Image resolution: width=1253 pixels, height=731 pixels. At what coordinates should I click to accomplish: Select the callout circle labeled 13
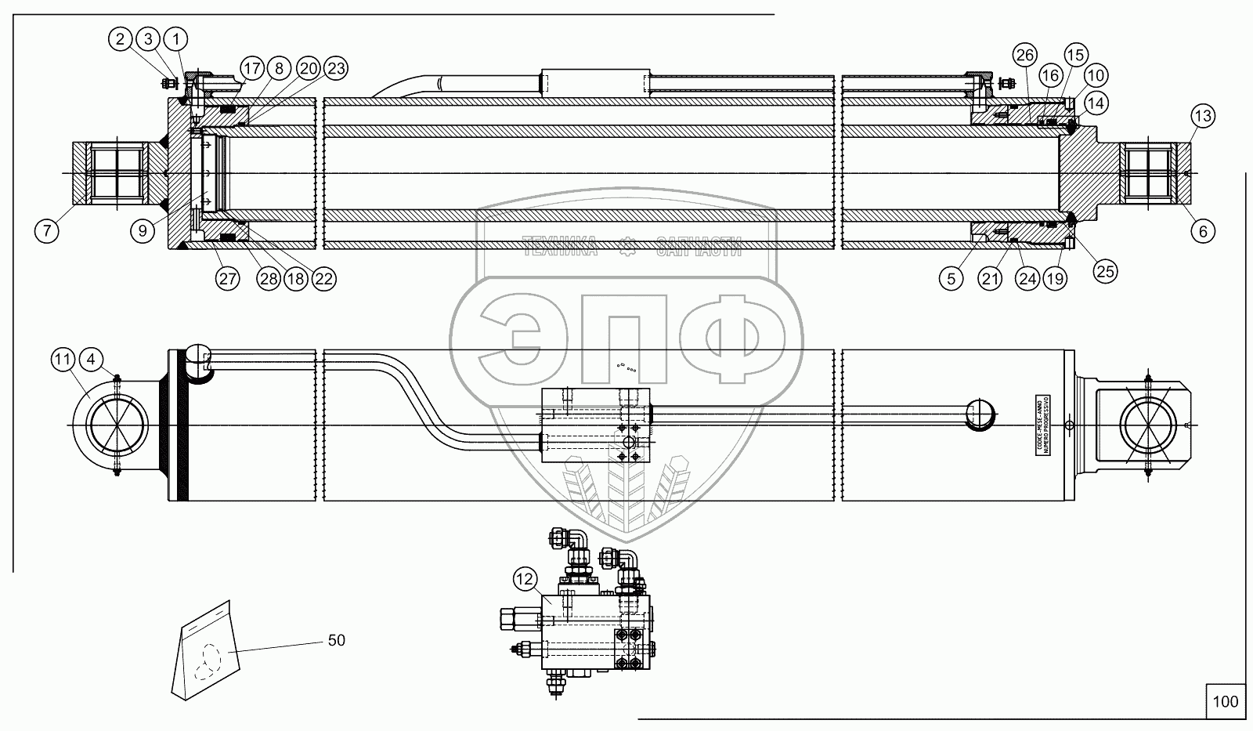point(1203,117)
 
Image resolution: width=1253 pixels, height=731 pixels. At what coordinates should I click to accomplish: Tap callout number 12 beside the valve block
point(525,580)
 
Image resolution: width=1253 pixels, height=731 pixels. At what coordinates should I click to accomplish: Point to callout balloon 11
point(63,360)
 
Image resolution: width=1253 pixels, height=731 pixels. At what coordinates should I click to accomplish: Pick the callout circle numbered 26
point(1024,55)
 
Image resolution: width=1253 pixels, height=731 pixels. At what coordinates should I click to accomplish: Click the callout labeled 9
point(143,231)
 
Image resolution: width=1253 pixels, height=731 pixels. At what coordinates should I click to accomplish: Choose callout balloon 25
point(1105,271)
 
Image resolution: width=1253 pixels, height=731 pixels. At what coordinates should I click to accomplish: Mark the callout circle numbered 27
point(228,280)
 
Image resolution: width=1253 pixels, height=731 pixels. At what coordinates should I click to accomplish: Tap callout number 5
point(951,280)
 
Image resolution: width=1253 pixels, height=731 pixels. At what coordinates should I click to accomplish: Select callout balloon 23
point(335,68)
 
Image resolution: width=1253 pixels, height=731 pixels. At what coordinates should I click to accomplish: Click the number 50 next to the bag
point(336,640)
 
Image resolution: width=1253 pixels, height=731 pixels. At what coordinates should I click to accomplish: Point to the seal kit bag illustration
point(206,650)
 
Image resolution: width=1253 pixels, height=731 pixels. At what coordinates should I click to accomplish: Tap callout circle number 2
point(121,38)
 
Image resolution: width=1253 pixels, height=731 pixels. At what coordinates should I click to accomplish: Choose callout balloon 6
point(1203,230)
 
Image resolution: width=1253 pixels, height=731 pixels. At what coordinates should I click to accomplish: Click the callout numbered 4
point(92,360)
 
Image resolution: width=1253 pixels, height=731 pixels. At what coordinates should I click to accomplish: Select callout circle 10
point(1096,76)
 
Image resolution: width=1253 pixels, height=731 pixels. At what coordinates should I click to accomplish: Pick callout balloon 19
point(1055,280)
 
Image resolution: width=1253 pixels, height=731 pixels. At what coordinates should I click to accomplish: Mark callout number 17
point(251,68)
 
